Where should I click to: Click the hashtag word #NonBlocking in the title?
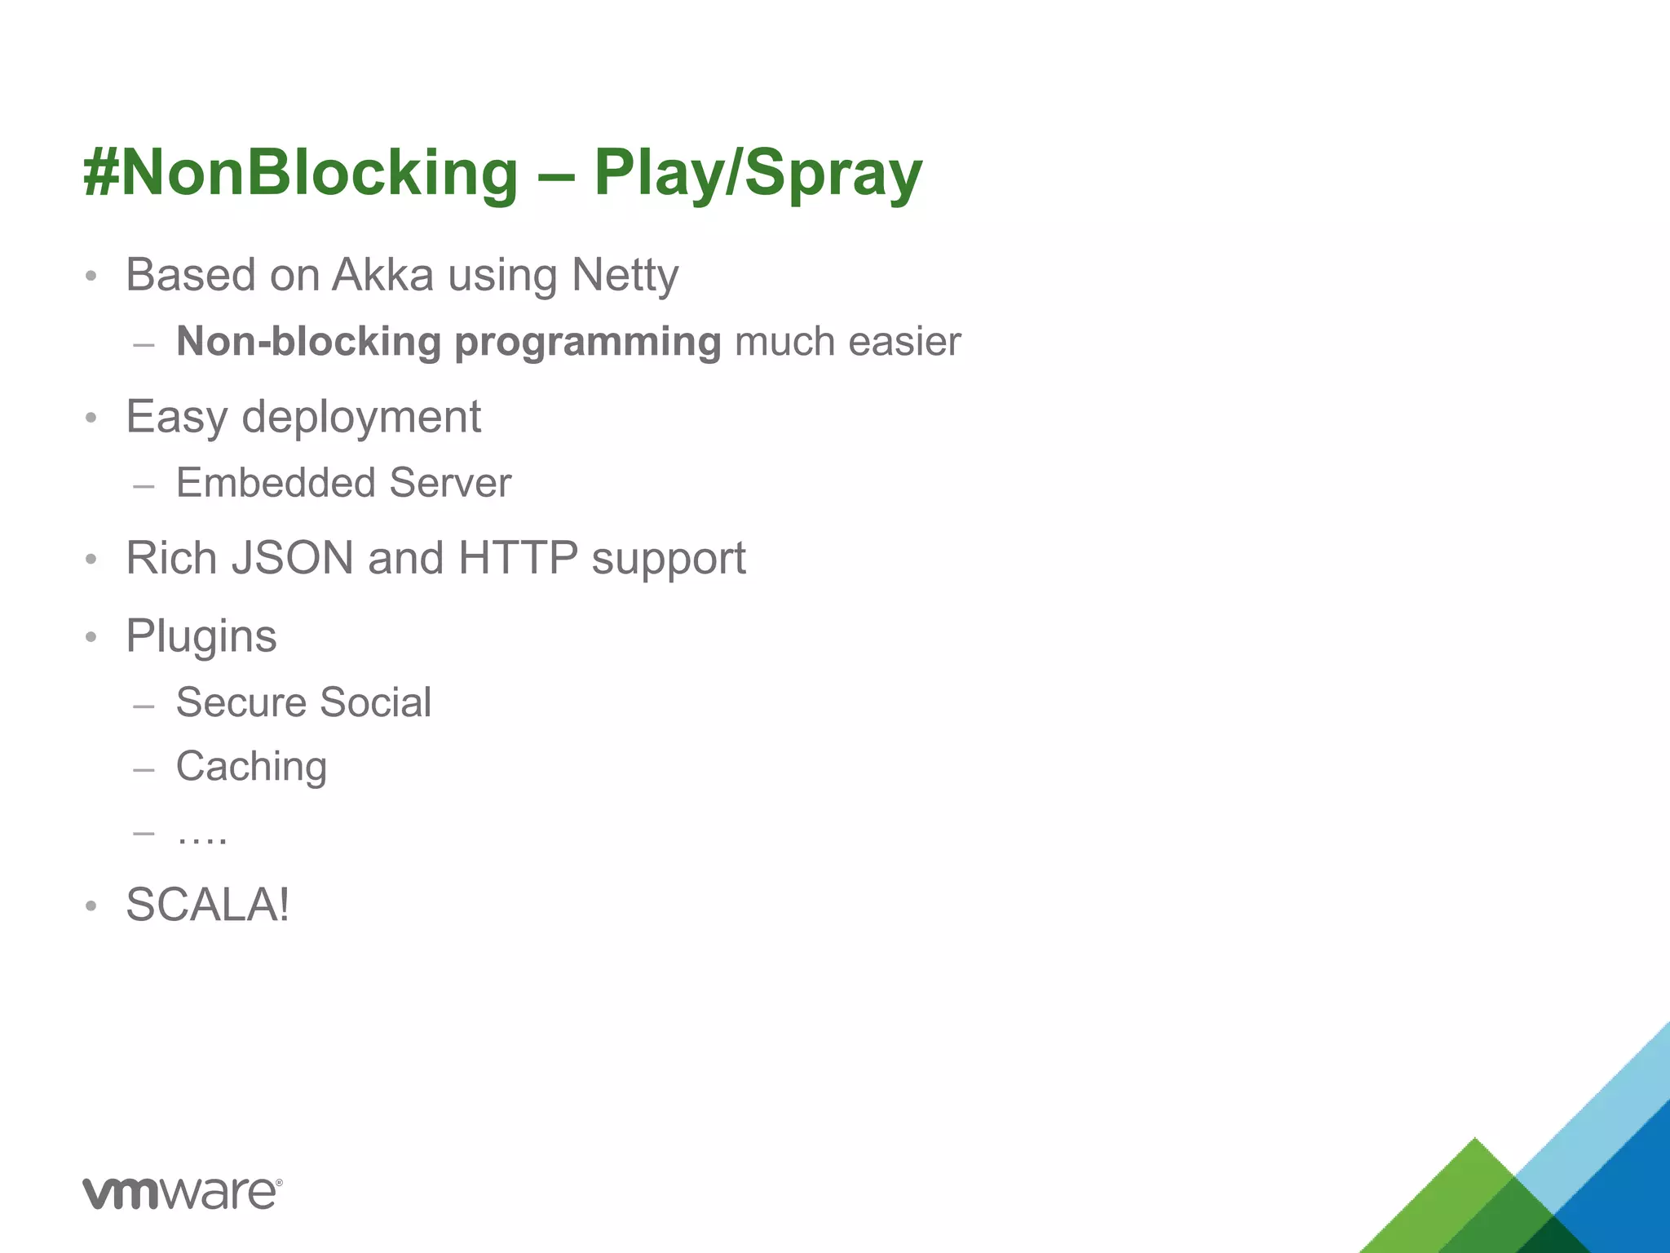300,173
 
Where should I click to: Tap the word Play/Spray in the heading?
758,173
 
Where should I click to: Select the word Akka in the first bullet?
382,274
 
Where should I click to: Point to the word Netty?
625,276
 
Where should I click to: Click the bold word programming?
587,343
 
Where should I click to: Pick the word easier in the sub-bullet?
904,341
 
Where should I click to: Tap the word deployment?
361,418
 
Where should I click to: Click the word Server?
450,482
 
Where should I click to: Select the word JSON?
293,558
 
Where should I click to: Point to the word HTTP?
518,558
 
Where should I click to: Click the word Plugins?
201,636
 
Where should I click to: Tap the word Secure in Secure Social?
241,702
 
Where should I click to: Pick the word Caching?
251,768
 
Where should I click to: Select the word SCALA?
207,905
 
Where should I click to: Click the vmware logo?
182,1193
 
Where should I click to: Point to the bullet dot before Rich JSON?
91,560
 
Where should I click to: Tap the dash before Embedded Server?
144,486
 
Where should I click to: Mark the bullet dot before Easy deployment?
91,418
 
